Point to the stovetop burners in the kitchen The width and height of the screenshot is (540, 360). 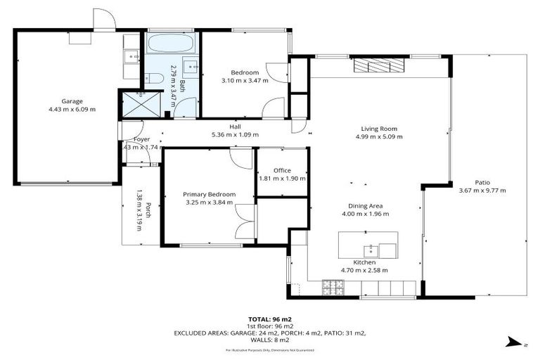pos(331,287)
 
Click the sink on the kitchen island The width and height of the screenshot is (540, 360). pos(371,250)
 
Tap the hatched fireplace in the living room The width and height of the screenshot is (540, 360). pos(380,66)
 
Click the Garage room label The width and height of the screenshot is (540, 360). pos(72,101)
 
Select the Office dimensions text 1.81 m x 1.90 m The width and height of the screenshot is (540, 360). pos(282,179)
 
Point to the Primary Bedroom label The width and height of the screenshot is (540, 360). pos(209,194)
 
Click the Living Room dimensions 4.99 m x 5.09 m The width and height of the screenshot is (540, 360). pos(380,137)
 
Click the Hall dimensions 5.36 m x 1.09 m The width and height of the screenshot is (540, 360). pos(235,135)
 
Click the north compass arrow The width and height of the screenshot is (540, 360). pos(511,342)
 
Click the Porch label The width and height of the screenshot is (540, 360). pos(149,210)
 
